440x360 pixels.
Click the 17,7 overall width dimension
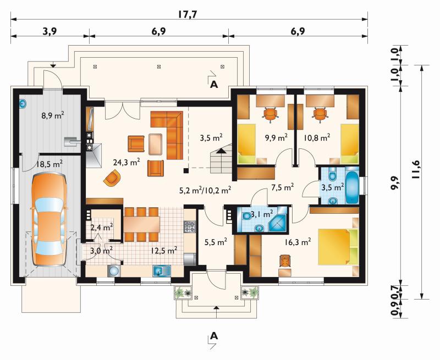[188, 14]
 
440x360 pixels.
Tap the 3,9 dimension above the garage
[50, 31]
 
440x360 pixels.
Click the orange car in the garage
[49, 219]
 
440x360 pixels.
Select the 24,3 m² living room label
[127, 162]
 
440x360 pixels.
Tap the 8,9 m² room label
[53, 115]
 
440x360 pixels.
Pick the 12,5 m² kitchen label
[164, 250]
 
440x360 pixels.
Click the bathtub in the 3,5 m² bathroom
[352, 185]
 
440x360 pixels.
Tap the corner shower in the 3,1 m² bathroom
[278, 219]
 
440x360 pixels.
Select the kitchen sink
[162, 271]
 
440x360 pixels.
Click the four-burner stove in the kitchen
[190, 227]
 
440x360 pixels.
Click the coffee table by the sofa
[156, 144]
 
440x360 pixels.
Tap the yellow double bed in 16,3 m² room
[338, 247]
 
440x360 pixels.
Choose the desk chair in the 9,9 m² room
[271, 115]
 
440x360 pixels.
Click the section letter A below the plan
[214, 336]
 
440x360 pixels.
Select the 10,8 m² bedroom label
[317, 137]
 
